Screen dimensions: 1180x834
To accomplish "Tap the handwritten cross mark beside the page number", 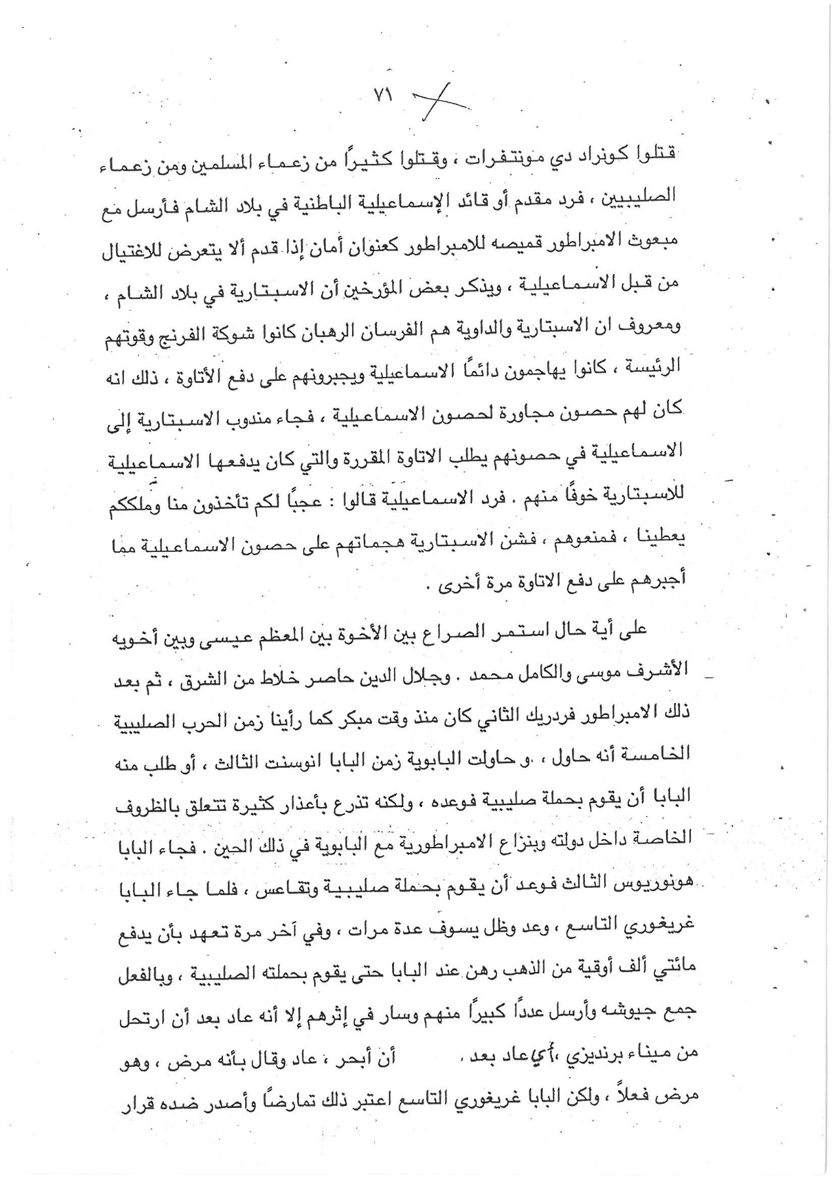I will click(439, 102).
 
